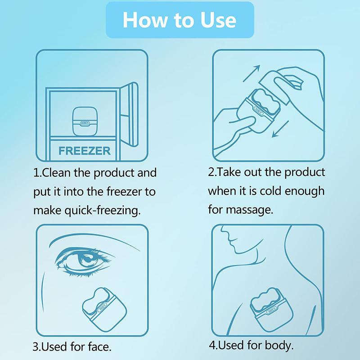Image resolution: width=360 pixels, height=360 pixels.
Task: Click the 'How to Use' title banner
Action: (180, 20)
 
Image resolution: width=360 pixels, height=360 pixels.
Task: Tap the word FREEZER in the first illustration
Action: (84, 150)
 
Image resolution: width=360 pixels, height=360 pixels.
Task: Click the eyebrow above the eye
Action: (81, 240)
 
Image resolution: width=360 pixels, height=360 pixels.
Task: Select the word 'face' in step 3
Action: (97, 347)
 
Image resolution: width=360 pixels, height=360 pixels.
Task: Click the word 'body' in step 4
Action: (279, 346)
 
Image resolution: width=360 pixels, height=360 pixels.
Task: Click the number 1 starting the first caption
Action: (36, 173)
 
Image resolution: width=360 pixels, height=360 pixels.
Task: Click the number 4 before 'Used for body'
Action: (212, 346)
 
